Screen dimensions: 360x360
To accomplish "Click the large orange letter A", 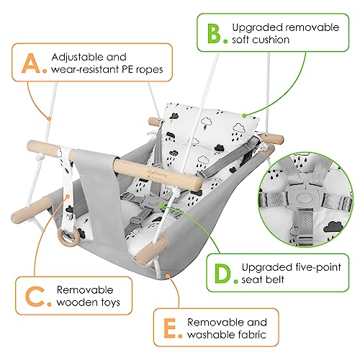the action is tap(30, 63).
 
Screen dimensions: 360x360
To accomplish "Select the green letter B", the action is tap(214, 33).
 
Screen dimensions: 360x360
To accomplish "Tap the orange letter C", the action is tap(35, 296).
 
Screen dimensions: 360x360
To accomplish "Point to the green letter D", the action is tap(223, 273).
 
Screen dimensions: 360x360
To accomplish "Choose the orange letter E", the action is tap(170, 328).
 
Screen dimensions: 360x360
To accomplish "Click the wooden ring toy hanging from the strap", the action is tap(68, 237).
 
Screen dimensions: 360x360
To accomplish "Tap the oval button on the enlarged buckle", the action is tap(304, 198).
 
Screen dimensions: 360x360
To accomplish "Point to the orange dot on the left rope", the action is tap(49, 118).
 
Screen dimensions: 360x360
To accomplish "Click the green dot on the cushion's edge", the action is tap(244, 116).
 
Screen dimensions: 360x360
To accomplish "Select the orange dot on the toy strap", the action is tap(68, 197).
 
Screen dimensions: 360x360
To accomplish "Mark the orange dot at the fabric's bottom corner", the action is tap(168, 276).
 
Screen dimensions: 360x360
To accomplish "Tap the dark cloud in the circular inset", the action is tap(333, 227).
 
